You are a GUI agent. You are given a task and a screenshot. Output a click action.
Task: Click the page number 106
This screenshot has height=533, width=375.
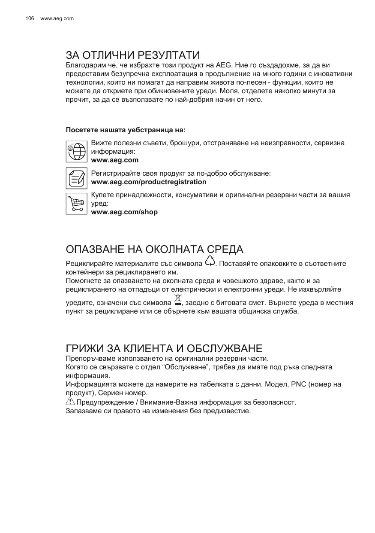[30, 18]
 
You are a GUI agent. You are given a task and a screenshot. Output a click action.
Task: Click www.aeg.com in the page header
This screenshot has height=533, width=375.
[57, 18]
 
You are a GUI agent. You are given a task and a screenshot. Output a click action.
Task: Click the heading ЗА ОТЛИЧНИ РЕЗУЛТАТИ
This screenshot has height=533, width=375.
[133, 55]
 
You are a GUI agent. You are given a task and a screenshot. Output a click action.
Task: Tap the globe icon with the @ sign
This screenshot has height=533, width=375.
[77, 151]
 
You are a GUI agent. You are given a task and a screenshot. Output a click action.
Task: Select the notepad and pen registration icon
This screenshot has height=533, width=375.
[77, 178]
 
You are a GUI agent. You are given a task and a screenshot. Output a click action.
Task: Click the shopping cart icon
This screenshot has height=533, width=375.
[77, 203]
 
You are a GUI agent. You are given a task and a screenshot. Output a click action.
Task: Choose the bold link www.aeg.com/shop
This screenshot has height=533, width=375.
[124, 212]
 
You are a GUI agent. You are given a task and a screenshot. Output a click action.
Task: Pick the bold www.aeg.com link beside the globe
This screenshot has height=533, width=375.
[115, 160]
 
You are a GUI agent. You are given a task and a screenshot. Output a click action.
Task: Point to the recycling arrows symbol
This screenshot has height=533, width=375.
[210, 261]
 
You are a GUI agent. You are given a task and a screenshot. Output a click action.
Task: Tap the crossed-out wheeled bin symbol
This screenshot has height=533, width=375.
[178, 300]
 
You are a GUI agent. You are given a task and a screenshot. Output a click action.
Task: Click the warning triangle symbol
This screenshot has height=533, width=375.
[70, 402]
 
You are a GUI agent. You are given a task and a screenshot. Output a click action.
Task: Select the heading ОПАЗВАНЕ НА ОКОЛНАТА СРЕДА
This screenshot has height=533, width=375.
[154, 249]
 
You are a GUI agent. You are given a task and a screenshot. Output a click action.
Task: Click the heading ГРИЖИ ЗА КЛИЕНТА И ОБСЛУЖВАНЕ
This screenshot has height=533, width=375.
[164, 348]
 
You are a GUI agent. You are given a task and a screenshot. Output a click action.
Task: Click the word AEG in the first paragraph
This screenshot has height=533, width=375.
[223, 65]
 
